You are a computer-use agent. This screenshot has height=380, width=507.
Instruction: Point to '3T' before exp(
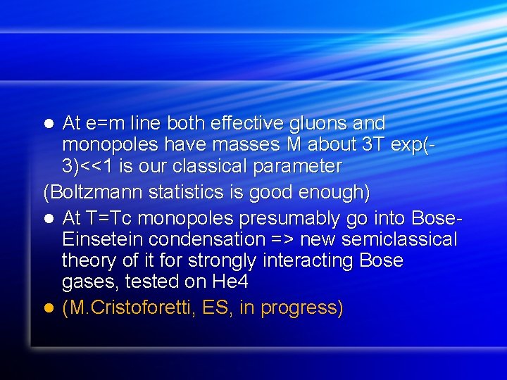coord(370,146)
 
